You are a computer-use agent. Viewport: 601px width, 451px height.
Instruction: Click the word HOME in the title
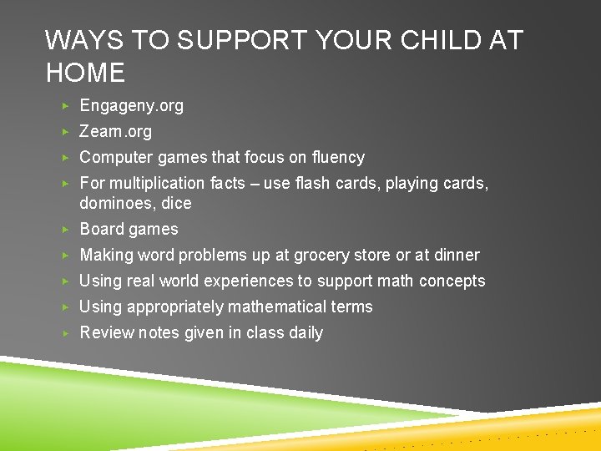(x=85, y=73)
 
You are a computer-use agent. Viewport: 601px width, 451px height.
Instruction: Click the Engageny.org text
(x=131, y=106)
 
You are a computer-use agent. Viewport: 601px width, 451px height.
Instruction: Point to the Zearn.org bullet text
(x=115, y=132)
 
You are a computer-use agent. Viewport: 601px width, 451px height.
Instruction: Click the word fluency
(x=336, y=158)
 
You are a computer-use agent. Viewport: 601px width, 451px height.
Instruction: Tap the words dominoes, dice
(x=135, y=204)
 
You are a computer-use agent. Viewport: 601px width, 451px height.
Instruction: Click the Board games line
(x=129, y=230)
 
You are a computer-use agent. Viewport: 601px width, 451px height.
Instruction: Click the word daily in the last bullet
(x=306, y=333)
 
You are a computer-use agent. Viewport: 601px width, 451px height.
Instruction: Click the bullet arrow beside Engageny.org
(x=66, y=106)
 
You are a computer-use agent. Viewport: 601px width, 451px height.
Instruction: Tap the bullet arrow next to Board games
(x=66, y=230)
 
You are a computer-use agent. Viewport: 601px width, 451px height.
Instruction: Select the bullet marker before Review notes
(x=66, y=333)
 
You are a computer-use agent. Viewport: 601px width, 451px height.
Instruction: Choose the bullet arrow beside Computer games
(x=66, y=158)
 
